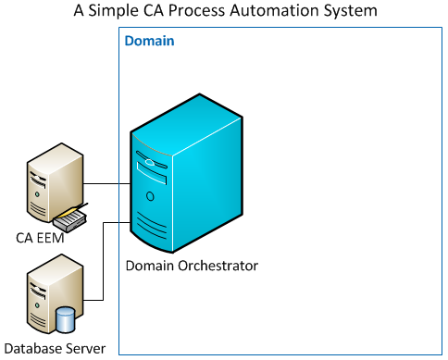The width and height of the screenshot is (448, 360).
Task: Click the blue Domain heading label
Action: (x=149, y=42)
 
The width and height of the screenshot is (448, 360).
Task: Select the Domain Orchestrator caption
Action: (x=192, y=266)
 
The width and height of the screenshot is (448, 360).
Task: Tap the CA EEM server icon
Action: (x=48, y=190)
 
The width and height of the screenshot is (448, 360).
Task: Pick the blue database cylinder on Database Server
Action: (x=66, y=320)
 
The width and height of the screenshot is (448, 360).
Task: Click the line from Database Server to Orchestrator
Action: (x=103, y=268)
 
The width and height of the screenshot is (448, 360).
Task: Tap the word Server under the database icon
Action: (x=86, y=349)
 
